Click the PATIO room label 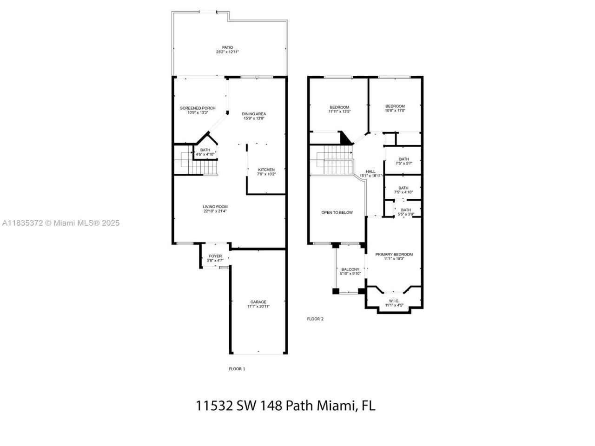coord(227,47)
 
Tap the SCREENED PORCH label coord(198,108)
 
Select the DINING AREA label coord(254,114)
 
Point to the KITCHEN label coord(266,170)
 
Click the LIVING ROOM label coord(215,207)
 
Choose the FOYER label coord(215,256)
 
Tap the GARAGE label coord(258,302)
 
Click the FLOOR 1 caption coord(237,369)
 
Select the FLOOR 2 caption coord(315,319)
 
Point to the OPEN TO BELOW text coord(337,213)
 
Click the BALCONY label coord(350,269)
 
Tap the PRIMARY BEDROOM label coord(394,255)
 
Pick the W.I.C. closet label coord(394,301)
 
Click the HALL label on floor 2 coord(370,171)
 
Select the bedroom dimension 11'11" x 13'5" coord(339,111)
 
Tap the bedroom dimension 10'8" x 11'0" coord(395,111)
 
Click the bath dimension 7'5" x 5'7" coord(403,164)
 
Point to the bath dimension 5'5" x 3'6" coord(406,214)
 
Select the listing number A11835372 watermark coord(22,223)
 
